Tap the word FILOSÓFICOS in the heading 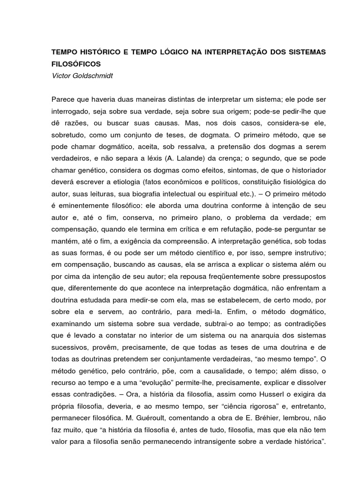coord(76,63)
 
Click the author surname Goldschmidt coord(95,75)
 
